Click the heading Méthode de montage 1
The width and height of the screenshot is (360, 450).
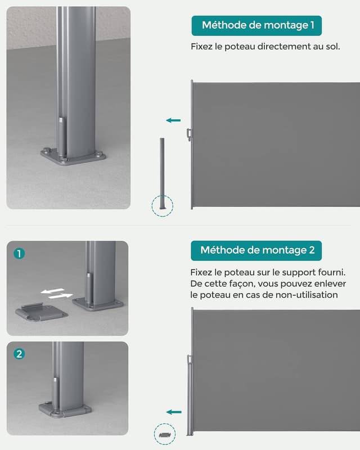[256, 25]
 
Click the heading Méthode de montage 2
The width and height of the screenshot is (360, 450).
[256, 250]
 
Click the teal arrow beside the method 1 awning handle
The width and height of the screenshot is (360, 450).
[174, 120]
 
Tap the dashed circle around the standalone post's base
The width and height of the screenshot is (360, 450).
[163, 205]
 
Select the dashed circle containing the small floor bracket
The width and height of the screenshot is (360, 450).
[165, 435]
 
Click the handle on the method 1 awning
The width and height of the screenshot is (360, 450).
[189, 134]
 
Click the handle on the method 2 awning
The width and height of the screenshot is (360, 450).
[189, 359]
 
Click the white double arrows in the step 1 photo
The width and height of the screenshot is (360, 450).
[57, 293]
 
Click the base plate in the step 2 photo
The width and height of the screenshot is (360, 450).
[65, 409]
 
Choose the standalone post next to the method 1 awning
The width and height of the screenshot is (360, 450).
[163, 172]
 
